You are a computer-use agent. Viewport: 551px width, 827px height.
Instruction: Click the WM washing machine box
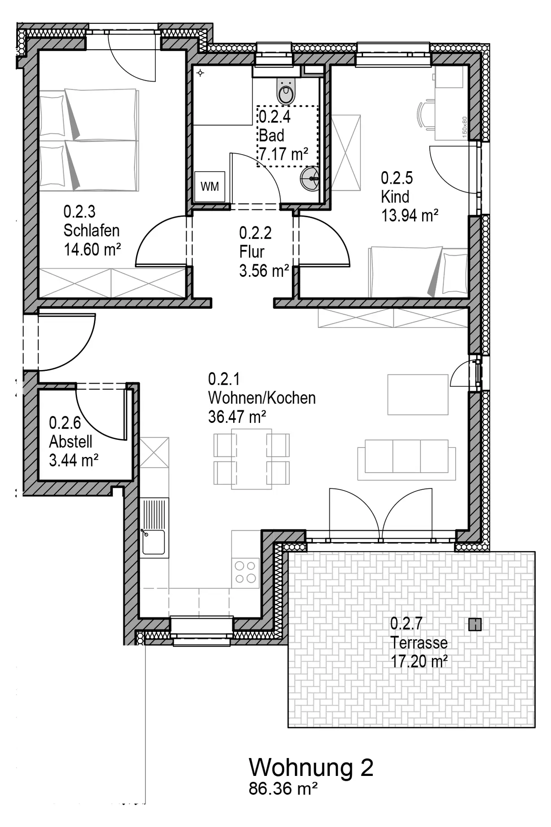coord(210,186)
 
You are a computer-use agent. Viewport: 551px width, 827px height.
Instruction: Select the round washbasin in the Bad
coord(310,179)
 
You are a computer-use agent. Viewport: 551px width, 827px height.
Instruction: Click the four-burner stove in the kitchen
coord(246,572)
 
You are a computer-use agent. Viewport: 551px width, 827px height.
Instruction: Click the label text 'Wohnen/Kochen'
coord(262,398)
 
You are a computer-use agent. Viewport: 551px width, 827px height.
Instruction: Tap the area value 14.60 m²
coord(93,250)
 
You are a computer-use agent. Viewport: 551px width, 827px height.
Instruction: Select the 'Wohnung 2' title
coord(311,767)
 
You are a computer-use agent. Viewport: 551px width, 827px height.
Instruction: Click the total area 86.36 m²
coord(283,788)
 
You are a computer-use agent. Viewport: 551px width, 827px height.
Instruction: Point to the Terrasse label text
coord(419,642)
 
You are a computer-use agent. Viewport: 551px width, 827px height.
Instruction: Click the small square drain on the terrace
coord(475,624)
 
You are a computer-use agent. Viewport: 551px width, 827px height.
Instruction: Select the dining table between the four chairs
coord(252,459)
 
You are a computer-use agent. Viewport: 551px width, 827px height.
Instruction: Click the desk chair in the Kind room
coord(426,115)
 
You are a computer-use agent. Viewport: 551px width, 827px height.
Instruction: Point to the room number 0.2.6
coord(65,422)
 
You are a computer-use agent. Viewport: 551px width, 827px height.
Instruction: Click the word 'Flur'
coord(252,252)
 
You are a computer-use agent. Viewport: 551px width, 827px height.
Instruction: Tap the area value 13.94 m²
coord(410,215)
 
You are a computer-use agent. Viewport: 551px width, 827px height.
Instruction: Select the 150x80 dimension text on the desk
coord(464,126)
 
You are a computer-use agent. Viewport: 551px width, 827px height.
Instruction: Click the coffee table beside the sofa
coord(418,395)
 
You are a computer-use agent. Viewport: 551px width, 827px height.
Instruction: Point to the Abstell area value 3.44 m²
coord(74,461)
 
